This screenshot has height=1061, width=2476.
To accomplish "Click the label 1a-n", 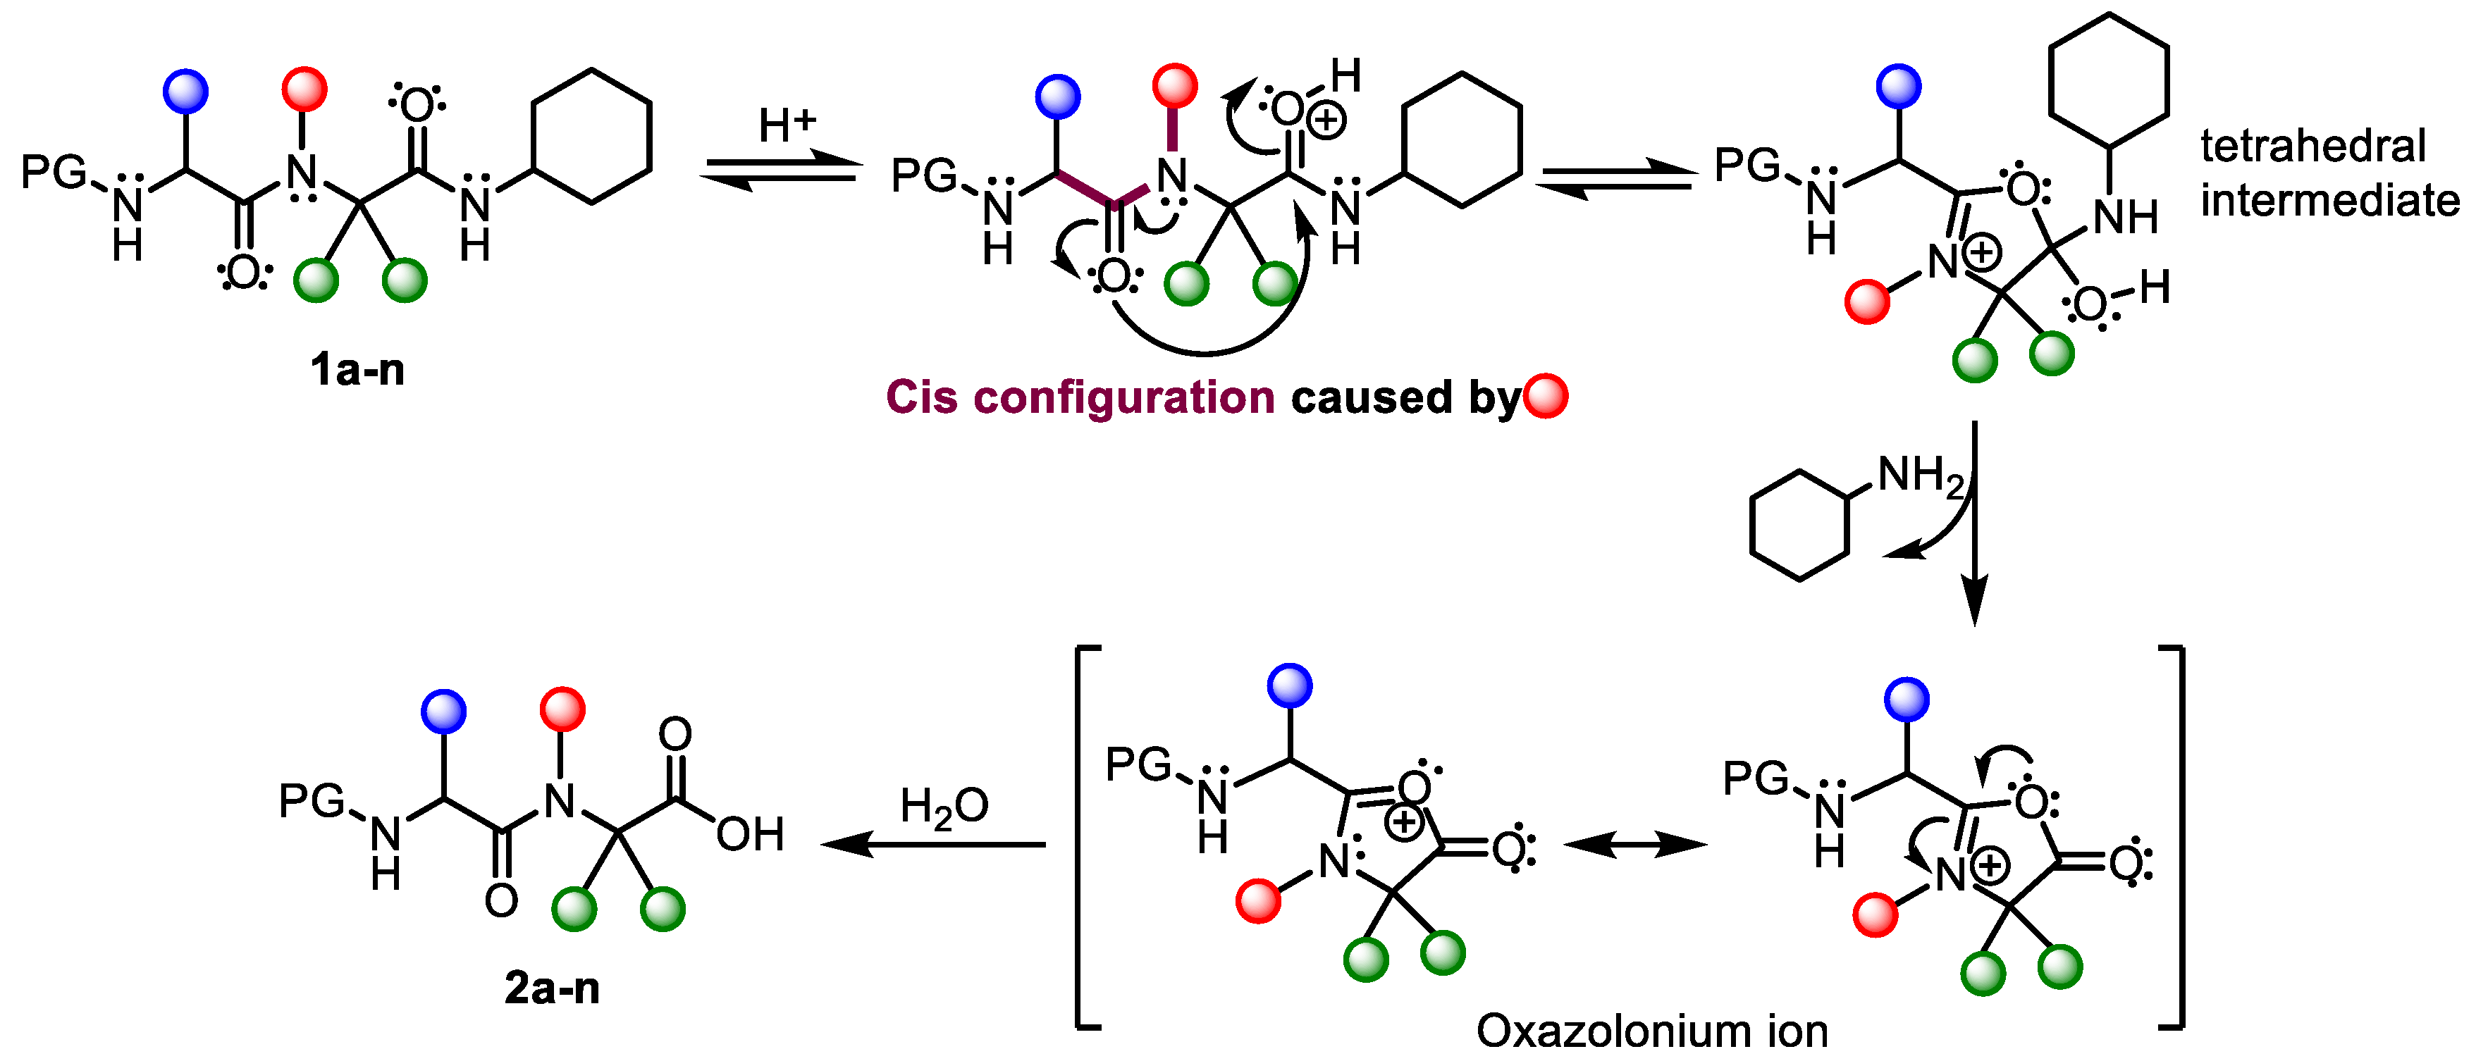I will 357,369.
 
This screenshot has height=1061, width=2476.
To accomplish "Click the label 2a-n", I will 552,988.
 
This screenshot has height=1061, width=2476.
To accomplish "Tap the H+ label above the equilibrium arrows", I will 787,125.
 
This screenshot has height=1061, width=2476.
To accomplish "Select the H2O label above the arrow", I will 943,807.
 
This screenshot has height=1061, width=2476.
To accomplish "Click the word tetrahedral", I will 2312,146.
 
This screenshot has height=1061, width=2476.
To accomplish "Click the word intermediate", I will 2329,201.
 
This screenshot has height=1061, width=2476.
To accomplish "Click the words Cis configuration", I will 1078,397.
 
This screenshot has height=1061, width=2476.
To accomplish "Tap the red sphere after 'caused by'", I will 1546,396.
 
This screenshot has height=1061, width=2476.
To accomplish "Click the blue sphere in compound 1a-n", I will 185,92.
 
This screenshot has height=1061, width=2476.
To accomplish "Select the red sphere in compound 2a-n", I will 562,710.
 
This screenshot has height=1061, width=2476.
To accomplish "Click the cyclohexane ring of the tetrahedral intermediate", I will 2109,81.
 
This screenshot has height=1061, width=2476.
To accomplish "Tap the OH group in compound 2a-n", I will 750,834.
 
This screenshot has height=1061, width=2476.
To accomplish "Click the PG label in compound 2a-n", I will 312,800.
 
